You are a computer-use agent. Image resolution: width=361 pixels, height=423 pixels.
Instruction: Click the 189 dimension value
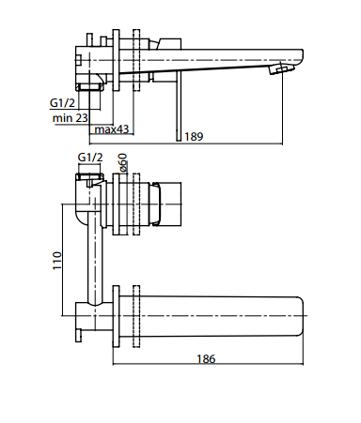(x=194, y=137)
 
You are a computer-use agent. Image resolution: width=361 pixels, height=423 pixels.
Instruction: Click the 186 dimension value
(x=206, y=358)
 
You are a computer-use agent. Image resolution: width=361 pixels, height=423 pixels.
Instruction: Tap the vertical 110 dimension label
(x=57, y=261)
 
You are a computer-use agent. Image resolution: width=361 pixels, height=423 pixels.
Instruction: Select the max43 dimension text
(x=112, y=129)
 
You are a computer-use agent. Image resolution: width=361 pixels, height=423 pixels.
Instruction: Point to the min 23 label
(x=71, y=118)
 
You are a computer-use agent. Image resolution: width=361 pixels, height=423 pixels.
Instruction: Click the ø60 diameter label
(x=123, y=162)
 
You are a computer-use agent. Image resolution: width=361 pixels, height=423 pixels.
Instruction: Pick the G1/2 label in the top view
(x=62, y=103)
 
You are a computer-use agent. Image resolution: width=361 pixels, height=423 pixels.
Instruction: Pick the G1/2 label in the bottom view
(x=90, y=158)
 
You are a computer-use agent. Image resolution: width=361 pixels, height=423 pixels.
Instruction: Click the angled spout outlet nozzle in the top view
(x=281, y=68)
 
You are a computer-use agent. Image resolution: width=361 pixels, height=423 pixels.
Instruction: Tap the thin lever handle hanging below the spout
(x=179, y=106)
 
